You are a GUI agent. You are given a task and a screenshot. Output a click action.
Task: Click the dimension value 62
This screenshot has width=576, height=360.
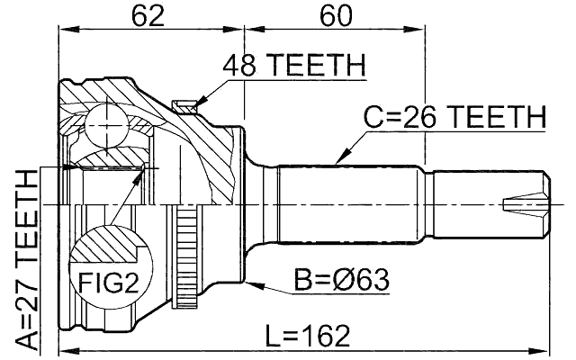point(147,15)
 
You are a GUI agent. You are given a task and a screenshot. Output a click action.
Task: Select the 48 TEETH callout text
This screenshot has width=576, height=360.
point(294,66)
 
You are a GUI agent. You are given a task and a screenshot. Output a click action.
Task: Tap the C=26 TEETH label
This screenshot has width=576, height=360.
point(454,118)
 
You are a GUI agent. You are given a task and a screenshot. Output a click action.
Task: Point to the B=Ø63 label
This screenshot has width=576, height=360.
point(340,280)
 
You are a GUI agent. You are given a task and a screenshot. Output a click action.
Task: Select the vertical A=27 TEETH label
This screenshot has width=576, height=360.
point(27,261)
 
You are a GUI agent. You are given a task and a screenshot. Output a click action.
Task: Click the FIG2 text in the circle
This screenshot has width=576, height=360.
point(111,284)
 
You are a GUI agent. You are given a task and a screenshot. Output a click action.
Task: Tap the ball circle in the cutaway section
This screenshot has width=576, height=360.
point(106,121)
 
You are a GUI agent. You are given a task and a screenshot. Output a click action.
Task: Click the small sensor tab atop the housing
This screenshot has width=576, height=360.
point(186,107)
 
